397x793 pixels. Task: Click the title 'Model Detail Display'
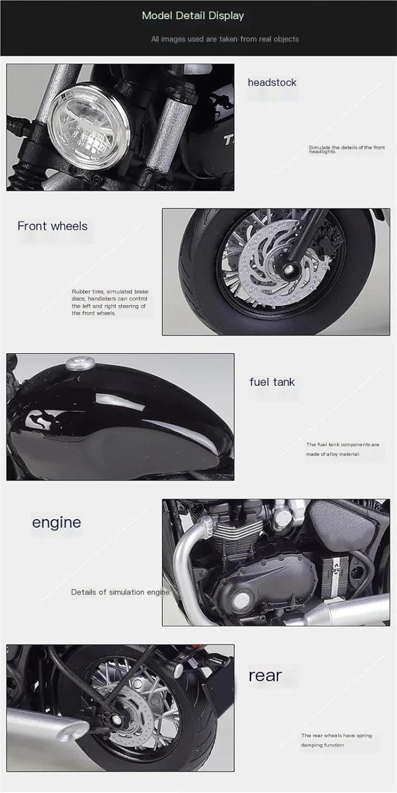[193, 15]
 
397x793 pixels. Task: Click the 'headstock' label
[272, 82]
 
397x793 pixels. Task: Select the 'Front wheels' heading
[52, 226]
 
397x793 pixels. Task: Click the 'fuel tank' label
[272, 382]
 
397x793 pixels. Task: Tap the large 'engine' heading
[57, 523]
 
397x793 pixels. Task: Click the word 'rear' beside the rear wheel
[265, 676]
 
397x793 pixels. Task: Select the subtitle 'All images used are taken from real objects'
[225, 39]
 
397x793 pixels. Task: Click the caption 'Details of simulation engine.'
[121, 592]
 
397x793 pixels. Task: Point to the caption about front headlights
[346, 150]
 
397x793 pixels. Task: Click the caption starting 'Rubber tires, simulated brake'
[110, 302]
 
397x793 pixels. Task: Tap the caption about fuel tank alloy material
[343, 449]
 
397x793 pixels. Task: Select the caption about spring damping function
[336, 740]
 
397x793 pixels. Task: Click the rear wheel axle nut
[115, 719]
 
